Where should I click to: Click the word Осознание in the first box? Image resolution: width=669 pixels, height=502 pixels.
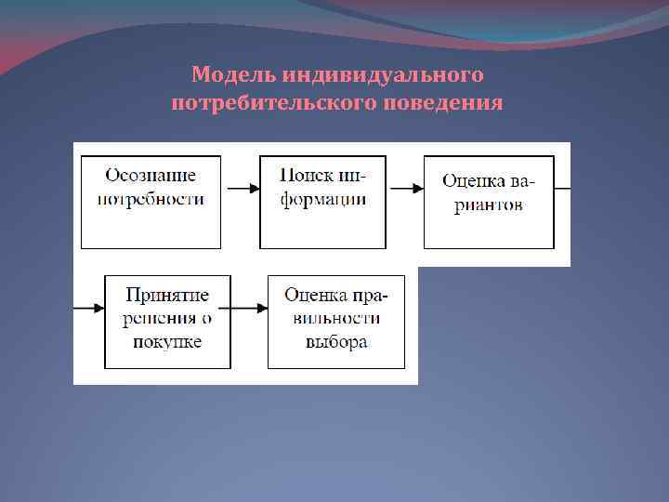point(151,175)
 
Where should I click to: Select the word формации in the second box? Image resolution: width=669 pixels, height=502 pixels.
point(322,199)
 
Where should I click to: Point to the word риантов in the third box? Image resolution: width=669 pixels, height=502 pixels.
point(489,205)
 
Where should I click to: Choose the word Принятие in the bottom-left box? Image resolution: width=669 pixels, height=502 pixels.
point(167,296)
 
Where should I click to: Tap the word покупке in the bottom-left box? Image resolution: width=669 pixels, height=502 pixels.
point(168,341)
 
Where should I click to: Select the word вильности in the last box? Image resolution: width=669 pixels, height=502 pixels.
point(336,319)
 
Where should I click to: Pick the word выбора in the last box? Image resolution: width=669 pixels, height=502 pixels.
point(336,341)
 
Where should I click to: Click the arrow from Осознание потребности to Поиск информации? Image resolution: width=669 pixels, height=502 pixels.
point(241,189)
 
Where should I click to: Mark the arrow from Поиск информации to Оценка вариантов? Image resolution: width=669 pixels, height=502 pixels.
point(405,189)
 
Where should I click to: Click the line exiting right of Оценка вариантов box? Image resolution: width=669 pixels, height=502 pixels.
point(562,189)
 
